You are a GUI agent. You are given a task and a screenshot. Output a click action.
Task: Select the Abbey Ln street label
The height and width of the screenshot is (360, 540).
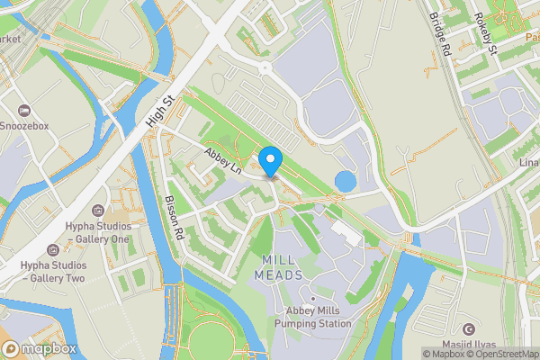[x=224, y=160]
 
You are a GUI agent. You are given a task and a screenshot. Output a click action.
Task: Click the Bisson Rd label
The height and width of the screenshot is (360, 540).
[x=175, y=218]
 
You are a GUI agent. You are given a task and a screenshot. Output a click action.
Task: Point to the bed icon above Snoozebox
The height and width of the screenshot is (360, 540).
[x=25, y=106]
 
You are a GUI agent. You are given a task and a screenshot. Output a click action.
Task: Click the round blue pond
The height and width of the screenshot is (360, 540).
[x=345, y=181]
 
